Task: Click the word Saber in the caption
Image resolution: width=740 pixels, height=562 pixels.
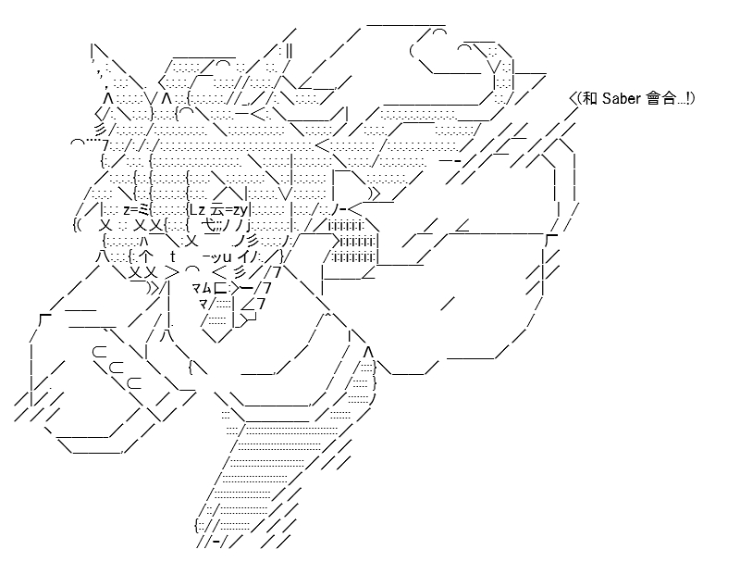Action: [x=622, y=98]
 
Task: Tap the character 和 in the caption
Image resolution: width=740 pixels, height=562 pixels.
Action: [x=590, y=98]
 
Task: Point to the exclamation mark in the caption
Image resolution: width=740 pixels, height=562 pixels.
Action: [x=688, y=98]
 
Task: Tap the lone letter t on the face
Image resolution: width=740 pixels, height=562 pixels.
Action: [x=173, y=256]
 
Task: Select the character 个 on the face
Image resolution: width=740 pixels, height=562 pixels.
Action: [x=146, y=256]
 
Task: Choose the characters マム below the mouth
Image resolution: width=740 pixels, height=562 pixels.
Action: [x=202, y=287]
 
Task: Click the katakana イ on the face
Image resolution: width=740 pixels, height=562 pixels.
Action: [x=247, y=256]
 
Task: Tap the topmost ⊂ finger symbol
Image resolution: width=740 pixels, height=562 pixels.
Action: [x=99, y=352]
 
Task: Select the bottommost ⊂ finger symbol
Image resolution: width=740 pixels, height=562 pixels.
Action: [x=134, y=382]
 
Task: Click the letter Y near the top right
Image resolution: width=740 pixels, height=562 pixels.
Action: [x=494, y=67]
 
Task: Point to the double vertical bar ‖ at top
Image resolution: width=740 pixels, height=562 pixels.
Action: [x=289, y=51]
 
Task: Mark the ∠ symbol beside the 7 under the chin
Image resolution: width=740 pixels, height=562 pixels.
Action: [x=247, y=305]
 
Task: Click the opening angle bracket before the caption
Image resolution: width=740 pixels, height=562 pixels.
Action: [x=573, y=98]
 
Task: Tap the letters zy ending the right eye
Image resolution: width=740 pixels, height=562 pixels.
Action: [x=240, y=209]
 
